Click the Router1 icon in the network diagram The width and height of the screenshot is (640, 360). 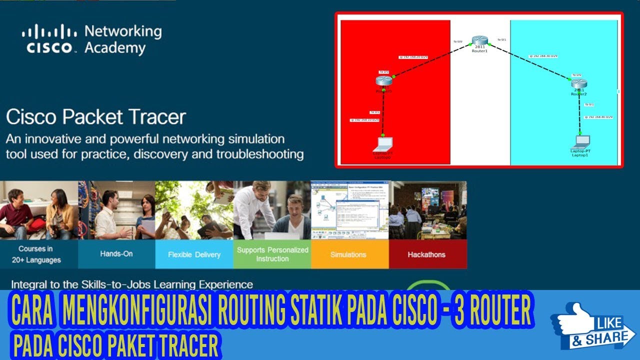[x=479, y=41]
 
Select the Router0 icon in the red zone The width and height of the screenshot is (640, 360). [x=383, y=81]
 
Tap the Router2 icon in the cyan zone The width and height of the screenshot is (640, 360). [x=578, y=83]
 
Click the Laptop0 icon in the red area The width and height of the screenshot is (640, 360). [x=383, y=145]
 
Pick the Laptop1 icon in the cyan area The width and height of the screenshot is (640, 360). [x=580, y=141]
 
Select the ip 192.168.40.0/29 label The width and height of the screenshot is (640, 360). [x=598, y=117]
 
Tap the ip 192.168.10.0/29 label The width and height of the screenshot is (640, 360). [x=364, y=120]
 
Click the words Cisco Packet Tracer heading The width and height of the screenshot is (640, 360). [x=96, y=117]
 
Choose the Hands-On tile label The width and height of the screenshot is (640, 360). [x=116, y=254]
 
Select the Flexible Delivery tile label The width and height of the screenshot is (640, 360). [x=194, y=254]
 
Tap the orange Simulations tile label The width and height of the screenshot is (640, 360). [x=348, y=254]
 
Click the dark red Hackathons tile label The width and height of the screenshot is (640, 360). [x=426, y=254]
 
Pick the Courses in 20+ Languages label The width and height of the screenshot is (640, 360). [x=36, y=254]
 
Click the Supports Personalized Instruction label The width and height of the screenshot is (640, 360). [x=272, y=254]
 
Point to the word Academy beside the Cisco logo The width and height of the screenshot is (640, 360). [x=115, y=48]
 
